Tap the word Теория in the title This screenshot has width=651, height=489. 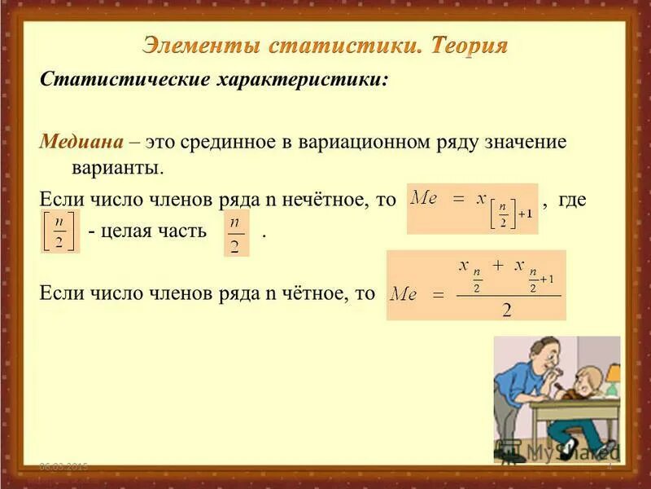469,46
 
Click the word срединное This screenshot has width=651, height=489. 232,142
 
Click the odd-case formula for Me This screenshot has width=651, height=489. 472,209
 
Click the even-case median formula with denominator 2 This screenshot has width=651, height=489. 476,285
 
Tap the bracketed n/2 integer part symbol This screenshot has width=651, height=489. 59,231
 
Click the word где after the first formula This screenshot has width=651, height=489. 572,200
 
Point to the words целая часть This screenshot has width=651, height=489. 146,232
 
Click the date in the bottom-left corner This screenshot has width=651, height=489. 64,466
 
